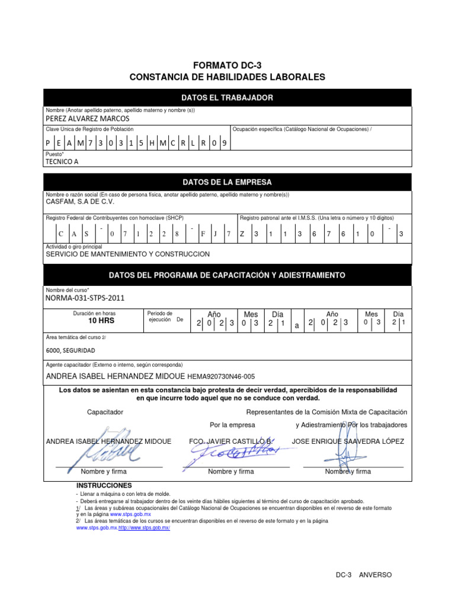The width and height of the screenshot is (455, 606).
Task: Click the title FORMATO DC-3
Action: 227,65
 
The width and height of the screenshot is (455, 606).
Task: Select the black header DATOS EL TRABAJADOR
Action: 227,98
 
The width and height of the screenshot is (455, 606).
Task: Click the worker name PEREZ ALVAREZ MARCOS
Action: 87,118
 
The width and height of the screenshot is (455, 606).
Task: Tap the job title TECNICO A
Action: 62,161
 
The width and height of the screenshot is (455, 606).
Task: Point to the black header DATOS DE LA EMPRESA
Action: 227,182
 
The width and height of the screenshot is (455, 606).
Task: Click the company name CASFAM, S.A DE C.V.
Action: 79,202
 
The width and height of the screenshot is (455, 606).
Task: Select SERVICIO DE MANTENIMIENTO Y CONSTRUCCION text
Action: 128,254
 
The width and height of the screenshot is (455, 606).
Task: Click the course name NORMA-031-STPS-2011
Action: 85,298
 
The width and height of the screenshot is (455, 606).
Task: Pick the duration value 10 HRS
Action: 101,321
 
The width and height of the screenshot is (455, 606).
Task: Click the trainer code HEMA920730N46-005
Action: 221,376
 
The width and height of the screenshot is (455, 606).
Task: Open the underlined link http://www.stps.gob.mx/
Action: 144,528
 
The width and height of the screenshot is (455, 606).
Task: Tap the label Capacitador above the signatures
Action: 105,411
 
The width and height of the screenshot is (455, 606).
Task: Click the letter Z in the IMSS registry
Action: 242,234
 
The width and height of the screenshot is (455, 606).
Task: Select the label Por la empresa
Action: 232,425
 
